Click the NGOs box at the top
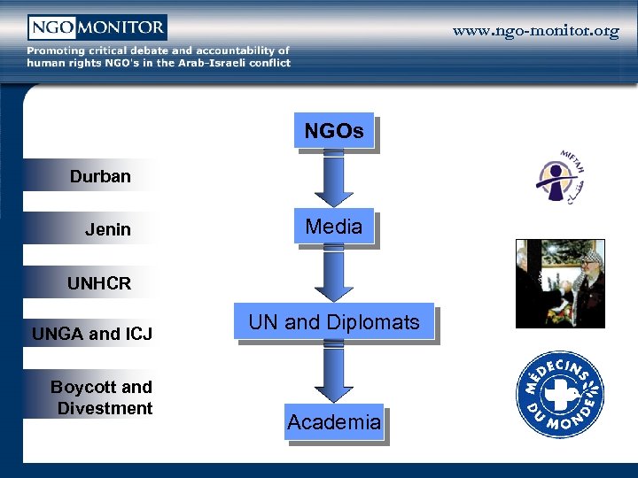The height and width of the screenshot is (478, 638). [x=334, y=132]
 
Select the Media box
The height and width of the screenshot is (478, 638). [x=334, y=227]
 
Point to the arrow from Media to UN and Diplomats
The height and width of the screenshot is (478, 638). [x=334, y=274]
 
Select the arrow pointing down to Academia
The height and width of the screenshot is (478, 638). [x=334, y=373]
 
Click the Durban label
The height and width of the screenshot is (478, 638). [x=100, y=176]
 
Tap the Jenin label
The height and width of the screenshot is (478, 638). [x=108, y=229]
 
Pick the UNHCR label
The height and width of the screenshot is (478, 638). [x=99, y=283]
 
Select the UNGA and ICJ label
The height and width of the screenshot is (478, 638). [x=92, y=334]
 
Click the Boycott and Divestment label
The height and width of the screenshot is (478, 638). [x=102, y=397]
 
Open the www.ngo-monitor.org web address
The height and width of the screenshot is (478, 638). [x=536, y=31]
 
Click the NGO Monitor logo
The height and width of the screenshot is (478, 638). [x=97, y=27]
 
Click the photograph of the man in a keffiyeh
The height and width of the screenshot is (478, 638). [x=560, y=283]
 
